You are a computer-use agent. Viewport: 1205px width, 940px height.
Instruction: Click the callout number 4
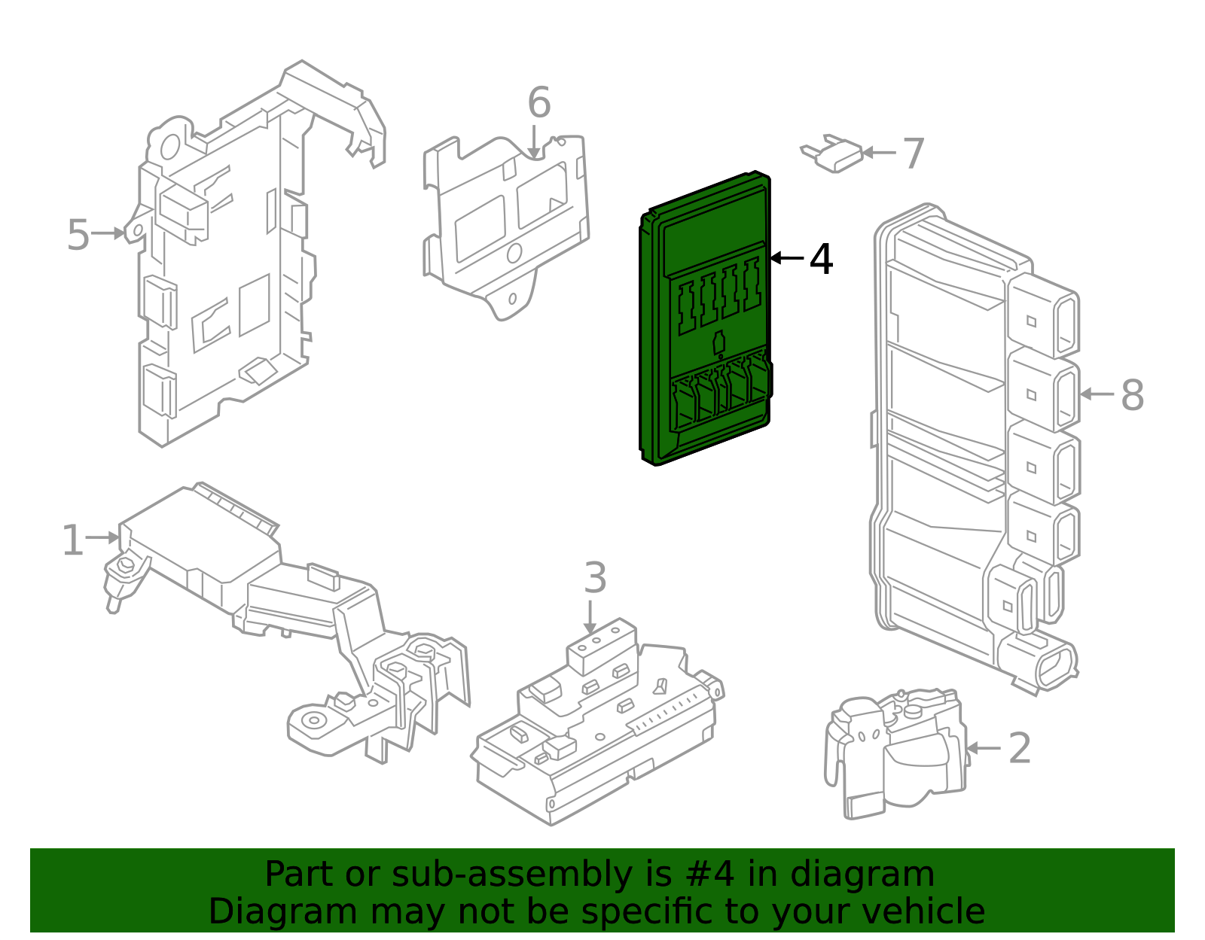coord(821,260)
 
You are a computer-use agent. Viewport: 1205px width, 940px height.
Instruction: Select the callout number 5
coord(78,235)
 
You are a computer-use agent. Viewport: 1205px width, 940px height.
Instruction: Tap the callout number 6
coord(538,103)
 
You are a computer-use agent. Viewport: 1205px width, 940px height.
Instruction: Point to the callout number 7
coord(913,154)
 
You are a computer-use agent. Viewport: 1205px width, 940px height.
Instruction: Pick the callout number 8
coord(1132,395)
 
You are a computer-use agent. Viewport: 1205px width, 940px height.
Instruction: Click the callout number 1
coord(72,541)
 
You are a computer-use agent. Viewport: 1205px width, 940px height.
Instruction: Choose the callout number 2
coord(1019,749)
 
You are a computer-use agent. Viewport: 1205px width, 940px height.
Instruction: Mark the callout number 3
coord(595,579)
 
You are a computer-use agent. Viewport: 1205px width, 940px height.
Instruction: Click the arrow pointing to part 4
coord(786,258)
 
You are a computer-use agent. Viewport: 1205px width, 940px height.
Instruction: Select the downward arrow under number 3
coord(590,617)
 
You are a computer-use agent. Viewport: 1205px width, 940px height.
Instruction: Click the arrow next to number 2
coord(983,748)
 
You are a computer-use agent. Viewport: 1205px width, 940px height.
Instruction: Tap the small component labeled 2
coord(896,753)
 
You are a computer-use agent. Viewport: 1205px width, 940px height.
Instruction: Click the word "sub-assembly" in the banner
coord(501,875)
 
